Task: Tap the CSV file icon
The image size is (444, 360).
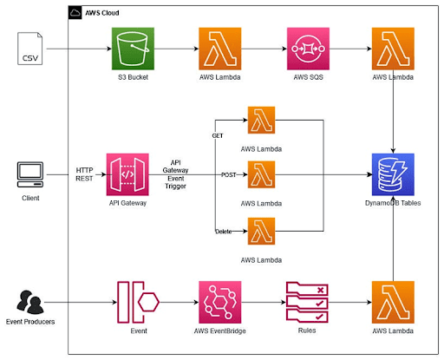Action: click(x=31, y=49)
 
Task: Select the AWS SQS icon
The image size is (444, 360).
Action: click(x=307, y=48)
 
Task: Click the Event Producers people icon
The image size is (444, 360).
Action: click(x=32, y=302)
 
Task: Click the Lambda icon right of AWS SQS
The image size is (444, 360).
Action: click(x=392, y=48)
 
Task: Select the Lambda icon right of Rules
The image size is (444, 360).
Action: click(x=392, y=301)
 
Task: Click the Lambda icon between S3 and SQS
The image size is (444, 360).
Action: click(x=220, y=48)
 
